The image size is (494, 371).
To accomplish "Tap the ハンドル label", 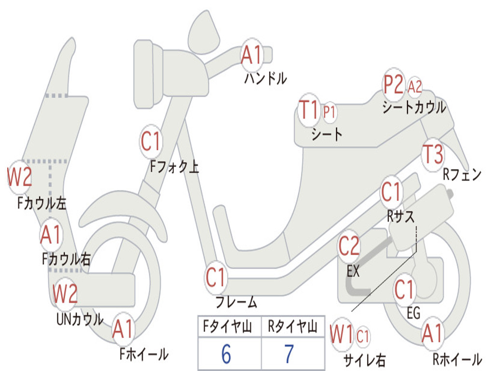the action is click(266, 78).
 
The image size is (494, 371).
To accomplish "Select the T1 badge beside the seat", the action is click(309, 110).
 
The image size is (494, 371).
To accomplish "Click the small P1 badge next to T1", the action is click(329, 112).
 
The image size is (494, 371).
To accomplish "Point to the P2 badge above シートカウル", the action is click(394, 85).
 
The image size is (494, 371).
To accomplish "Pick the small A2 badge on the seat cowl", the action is click(414, 86).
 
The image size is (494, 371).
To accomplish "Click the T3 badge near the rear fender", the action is click(433, 155).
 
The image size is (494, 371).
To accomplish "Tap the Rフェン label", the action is click(462, 174).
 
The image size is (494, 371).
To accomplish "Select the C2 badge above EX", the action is click(349, 246).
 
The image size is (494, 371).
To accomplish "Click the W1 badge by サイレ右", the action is click(342, 334).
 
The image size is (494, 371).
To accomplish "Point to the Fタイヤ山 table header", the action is click(228, 327).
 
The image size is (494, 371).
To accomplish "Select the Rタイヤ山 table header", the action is click(293, 327).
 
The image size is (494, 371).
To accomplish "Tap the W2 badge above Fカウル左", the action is click(19, 177).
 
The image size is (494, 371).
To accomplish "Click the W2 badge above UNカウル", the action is click(65, 294).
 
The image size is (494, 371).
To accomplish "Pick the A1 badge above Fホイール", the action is click(123, 329).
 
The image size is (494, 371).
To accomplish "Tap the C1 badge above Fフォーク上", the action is click(151, 142).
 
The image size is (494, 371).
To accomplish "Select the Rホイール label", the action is click(457, 359).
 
